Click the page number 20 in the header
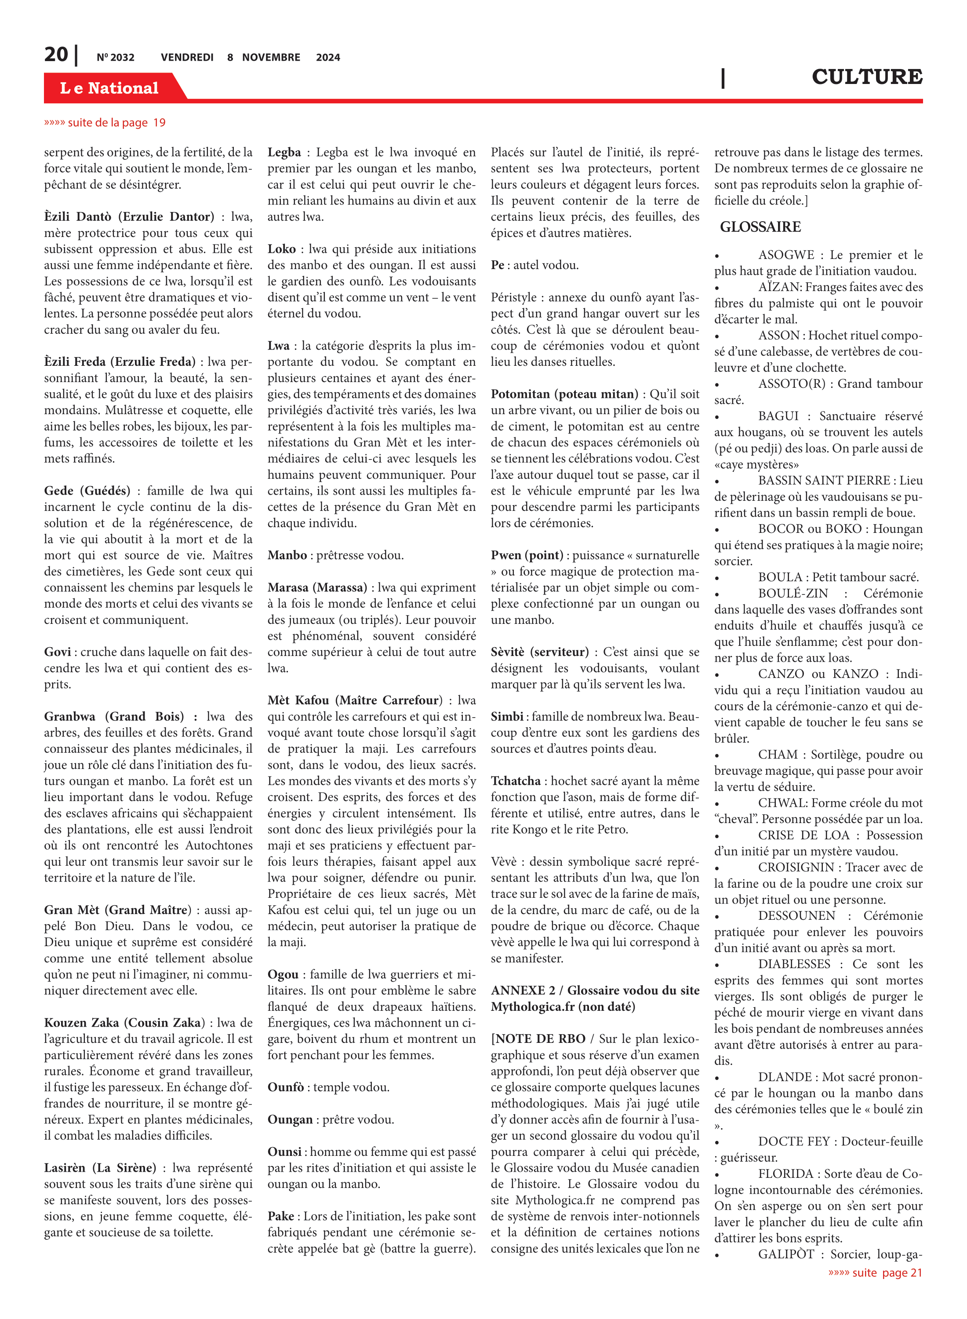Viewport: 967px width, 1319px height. (x=56, y=55)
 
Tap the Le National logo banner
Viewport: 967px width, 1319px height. (x=109, y=88)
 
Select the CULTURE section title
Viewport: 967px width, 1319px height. (x=866, y=77)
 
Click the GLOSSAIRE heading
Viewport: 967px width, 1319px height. (x=760, y=226)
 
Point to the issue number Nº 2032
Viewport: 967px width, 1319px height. (x=115, y=57)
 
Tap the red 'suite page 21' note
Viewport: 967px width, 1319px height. (x=875, y=1272)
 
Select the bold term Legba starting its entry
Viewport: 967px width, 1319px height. (x=284, y=152)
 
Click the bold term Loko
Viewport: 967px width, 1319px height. (x=282, y=249)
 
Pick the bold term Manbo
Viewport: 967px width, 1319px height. (x=287, y=555)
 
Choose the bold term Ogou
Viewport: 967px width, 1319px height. (x=283, y=974)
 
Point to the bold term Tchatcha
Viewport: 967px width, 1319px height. (x=516, y=780)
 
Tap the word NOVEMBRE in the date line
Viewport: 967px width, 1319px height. (x=271, y=57)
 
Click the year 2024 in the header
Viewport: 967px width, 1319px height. (x=328, y=57)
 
